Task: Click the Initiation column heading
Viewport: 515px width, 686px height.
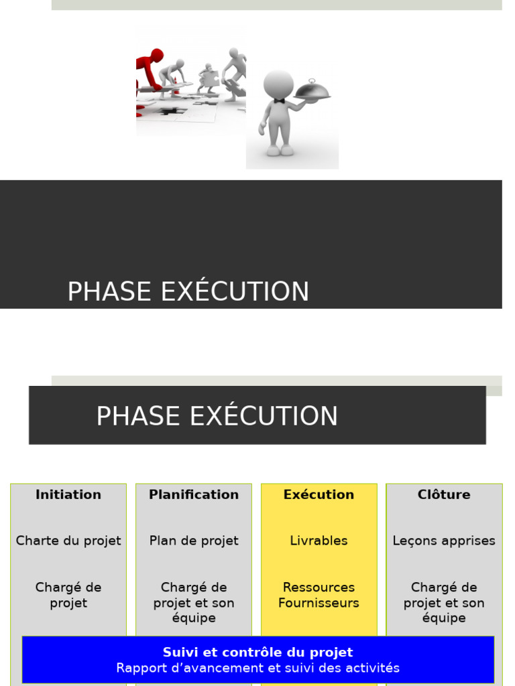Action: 68,495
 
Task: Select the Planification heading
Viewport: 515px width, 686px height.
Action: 194,495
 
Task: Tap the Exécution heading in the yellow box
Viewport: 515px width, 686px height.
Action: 319,495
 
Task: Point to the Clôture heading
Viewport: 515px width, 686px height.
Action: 444,495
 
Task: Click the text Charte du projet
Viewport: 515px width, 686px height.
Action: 68,541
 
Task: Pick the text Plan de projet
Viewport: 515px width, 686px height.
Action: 194,541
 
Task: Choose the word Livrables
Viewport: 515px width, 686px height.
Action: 319,541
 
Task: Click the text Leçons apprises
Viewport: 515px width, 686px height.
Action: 444,541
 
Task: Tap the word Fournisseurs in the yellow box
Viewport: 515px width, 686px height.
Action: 319,603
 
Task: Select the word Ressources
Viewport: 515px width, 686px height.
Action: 319,588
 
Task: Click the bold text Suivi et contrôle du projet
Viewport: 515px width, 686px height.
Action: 257,653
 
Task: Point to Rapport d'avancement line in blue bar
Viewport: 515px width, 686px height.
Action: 257,668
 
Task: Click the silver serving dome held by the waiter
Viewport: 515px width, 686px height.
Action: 312,90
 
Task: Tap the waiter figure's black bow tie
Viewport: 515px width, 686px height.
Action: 279,101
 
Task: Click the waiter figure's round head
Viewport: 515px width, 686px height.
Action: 278,84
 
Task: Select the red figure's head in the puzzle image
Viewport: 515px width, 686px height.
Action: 157,55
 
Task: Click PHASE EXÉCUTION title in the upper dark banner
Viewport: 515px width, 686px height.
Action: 188,292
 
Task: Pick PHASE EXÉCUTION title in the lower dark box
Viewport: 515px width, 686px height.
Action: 217,417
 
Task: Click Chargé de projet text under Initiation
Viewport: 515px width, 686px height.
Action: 68,595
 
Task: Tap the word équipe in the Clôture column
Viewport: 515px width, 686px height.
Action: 444,618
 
